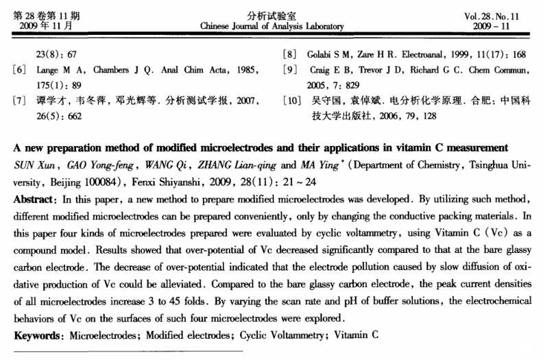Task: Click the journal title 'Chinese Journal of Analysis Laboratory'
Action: pyautogui.click(x=271, y=27)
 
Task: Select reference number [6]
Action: pyautogui.click(x=19, y=70)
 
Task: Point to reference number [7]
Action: pyautogui.click(x=19, y=101)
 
